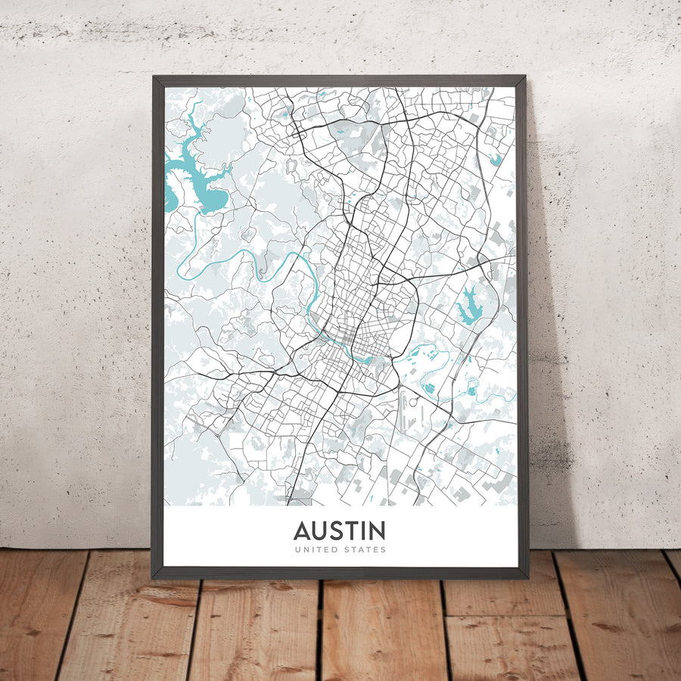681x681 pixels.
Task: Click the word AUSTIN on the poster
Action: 339,530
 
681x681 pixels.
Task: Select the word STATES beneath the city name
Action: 365,549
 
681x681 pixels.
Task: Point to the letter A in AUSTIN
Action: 302,530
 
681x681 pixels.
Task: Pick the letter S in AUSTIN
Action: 336,530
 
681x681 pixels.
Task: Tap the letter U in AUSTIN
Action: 319,530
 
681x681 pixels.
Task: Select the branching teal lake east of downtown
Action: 468,306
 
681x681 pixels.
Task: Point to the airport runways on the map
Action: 409,409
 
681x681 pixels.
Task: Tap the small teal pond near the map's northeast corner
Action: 496,160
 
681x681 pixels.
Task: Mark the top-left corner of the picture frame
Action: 154,77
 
